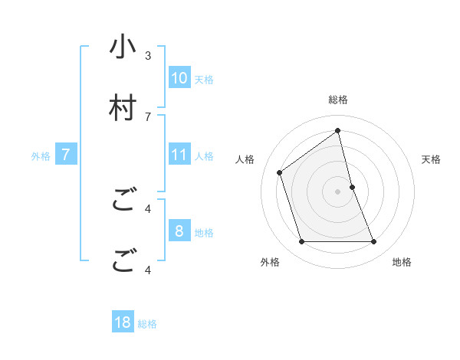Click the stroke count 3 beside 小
click(148, 55)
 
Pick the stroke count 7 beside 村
click(148, 116)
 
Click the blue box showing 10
click(179, 77)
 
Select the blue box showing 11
click(179, 155)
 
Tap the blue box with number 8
click(179, 231)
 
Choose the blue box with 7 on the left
click(66, 155)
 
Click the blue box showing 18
click(123, 322)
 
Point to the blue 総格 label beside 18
click(147, 324)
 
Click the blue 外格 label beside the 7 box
click(41, 156)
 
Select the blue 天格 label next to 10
click(204, 79)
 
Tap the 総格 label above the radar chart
click(338, 100)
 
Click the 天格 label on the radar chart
click(432, 159)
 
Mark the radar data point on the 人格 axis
click(280, 172)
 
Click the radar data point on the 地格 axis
click(374, 242)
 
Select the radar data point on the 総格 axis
click(338, 130)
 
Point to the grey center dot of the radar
click(338, 191)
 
